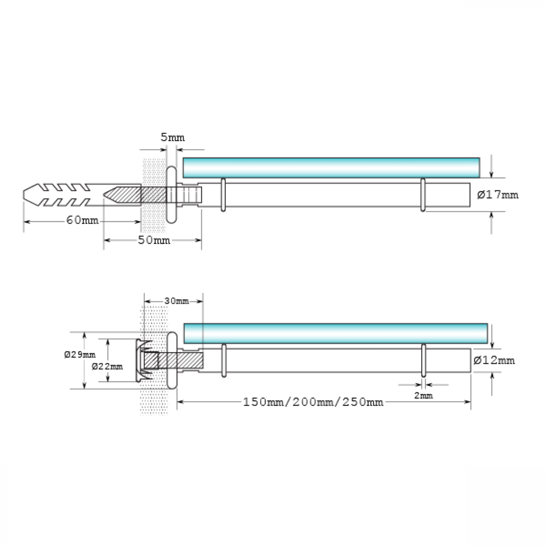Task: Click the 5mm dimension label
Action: click(x=173, y=138)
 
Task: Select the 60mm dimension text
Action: click(x=82, y=220)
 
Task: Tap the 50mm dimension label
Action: click(x=154, y=240)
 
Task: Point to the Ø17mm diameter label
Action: click(x=498, y=195)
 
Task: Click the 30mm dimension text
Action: click(x=176, y=301)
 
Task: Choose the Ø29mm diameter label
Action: click(x=80, y=355)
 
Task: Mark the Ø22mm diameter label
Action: click(x=107, y=367)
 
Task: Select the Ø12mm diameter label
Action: click(x=494, y=360)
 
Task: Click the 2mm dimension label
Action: click(x=423, y=396)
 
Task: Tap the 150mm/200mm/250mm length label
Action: click(x=313, y=402)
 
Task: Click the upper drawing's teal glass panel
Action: click(x=331, y=168)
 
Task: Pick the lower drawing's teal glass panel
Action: click(x=335, y=333)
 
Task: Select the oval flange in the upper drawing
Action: click(x=171, y=195)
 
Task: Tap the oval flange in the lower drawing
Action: click(x=172, y=360)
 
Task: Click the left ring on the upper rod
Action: click(x=223, y=195)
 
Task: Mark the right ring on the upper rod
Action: click(x=423, y=195)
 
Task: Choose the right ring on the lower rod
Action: click(x=423, y=360)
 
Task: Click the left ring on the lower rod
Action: click(x=224, y=360)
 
